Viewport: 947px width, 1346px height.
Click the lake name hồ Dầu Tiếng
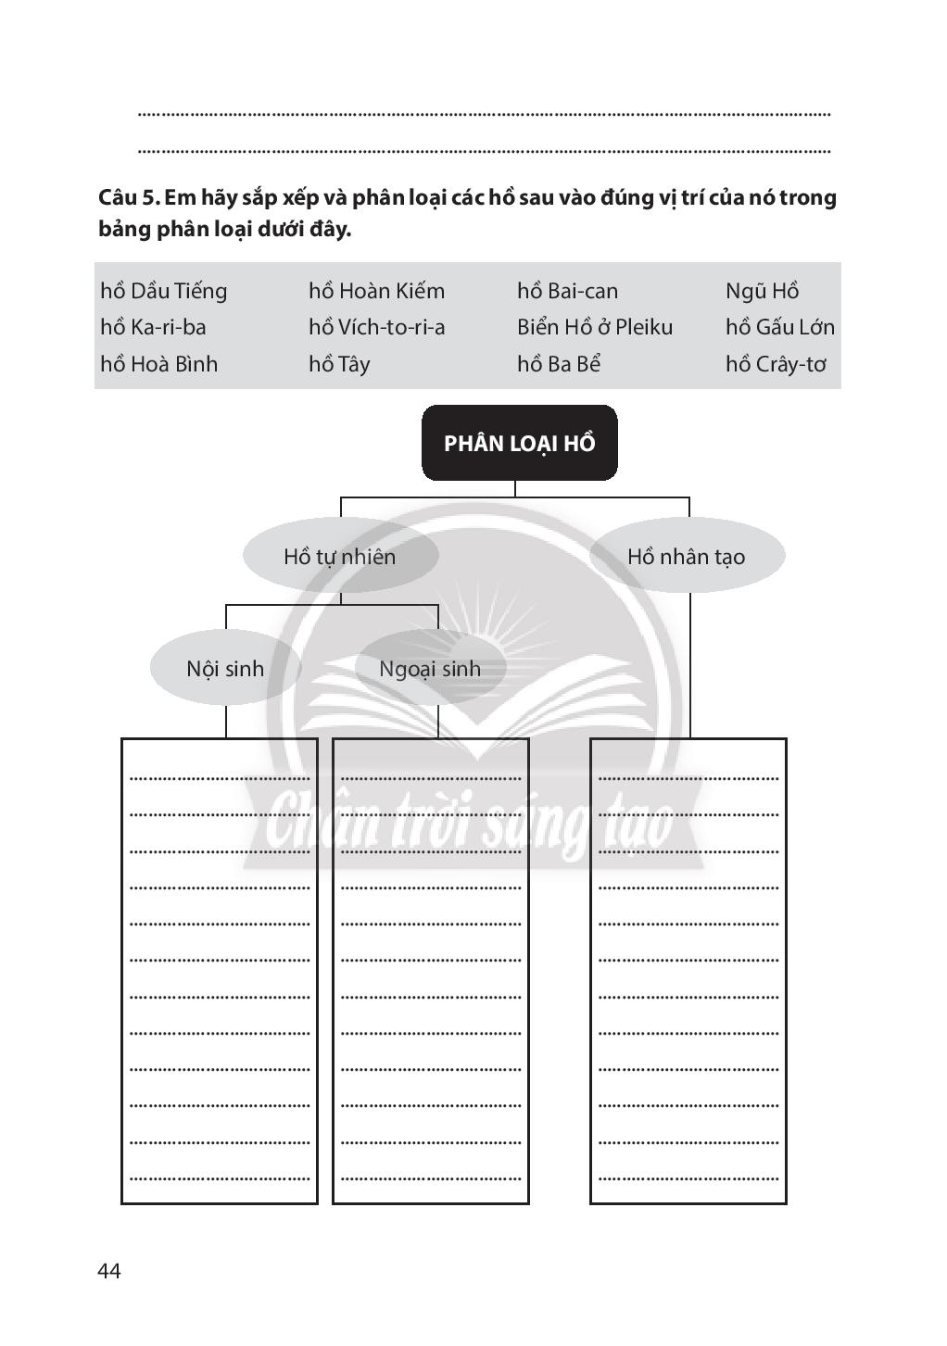pos(163,291)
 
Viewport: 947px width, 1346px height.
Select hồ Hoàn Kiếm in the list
pos(376,291)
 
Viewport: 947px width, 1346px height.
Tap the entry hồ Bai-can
pos(567,291)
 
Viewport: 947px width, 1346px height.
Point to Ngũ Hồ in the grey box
pos(762,291)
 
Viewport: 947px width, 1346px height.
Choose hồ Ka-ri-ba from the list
pos(153,327)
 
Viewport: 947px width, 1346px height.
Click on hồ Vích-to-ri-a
pos(376,327)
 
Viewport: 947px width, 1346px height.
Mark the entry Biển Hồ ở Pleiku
pos(595,327)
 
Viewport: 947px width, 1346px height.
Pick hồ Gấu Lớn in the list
pos(779,327)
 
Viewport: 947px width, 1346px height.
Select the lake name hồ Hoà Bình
pos(158,364)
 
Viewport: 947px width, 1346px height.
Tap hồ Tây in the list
pos(339,364)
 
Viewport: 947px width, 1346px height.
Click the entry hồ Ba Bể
pos(559,364)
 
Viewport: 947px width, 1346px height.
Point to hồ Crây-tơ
pos(776,364)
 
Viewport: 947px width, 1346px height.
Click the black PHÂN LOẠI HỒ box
pos(519,443)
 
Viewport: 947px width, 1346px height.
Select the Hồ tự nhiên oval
pos(340,556)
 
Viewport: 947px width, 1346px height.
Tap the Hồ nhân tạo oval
pos(687,556)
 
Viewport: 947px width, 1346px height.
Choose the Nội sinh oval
pos(225,668)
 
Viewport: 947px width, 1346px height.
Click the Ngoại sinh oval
pos(430,668)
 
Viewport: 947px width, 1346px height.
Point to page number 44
pos(109,1271)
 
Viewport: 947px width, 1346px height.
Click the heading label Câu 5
pos(129,197)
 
